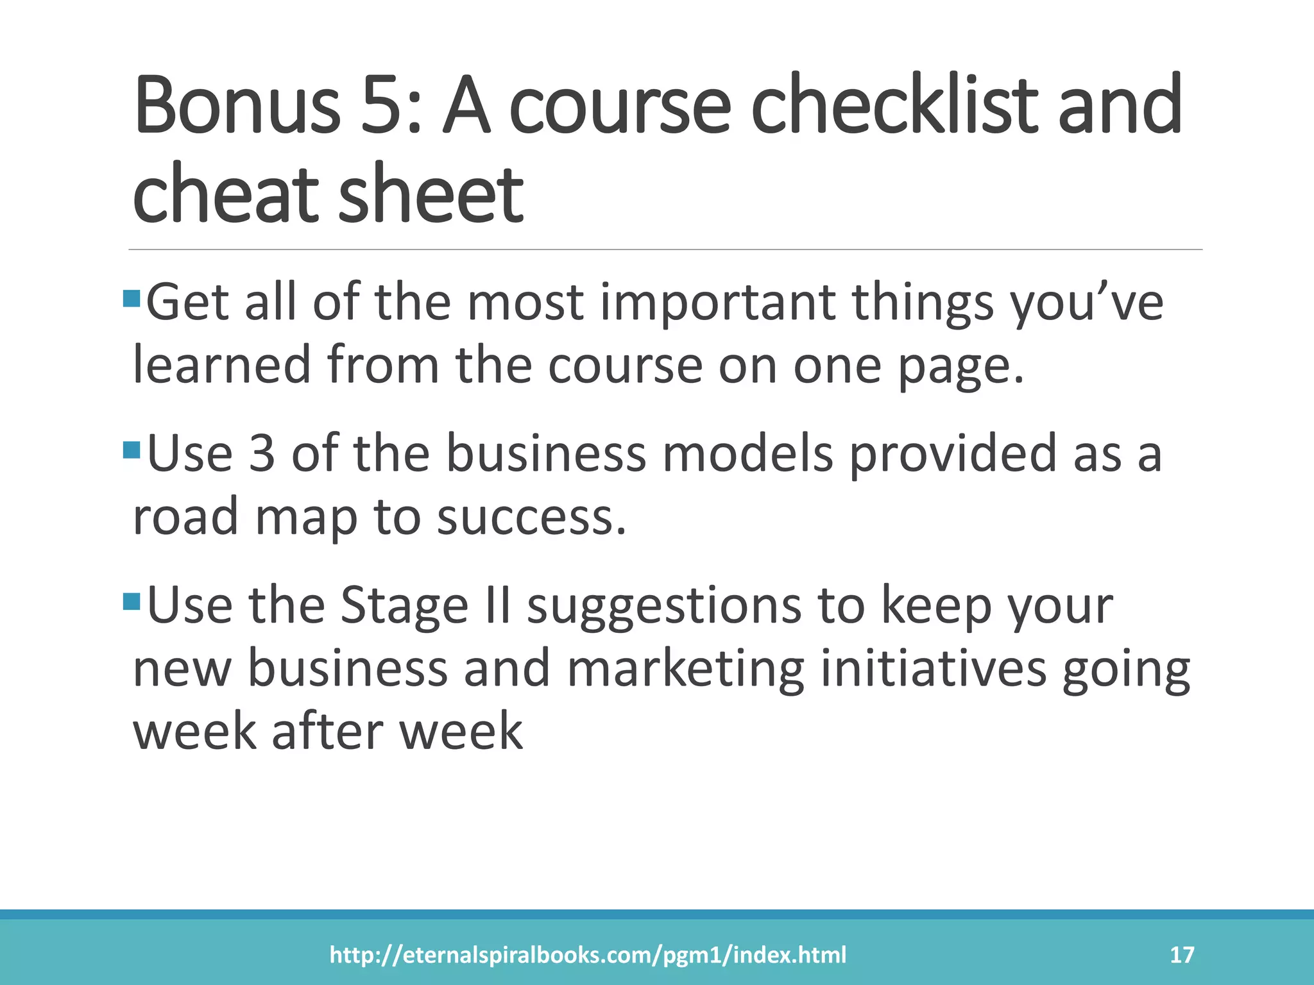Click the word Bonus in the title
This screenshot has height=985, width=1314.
pyautogui.click(x=236, y=106)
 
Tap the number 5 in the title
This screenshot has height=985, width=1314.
pyautogui.click(x=384, y=106)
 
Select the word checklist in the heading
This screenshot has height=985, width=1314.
pyautogui.click(x=894, y=106)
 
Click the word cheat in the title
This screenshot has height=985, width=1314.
pyautogui.click(x=225, y=194)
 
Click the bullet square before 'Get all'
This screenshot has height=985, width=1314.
pyautogui.click(x=132, y=298)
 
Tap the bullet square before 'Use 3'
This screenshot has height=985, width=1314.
pyautogui.click(x=132, y=450)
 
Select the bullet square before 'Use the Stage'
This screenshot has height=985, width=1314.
pyautogui.click(x=132, y=601)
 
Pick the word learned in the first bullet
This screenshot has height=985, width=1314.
pyautogui.click(x=221, y=364)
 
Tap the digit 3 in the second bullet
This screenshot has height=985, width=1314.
pyautogui.click(x=262, y=453)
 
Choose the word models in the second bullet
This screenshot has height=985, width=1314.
pyautogui.click(x=747, y=453)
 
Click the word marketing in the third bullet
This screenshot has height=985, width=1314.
pyautogui.click(x=685, y=669)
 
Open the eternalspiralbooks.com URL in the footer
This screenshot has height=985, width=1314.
pyautogui.click(x=588, y=955)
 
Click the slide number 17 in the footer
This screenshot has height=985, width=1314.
pyautogui.click(x=1182, y=955)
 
